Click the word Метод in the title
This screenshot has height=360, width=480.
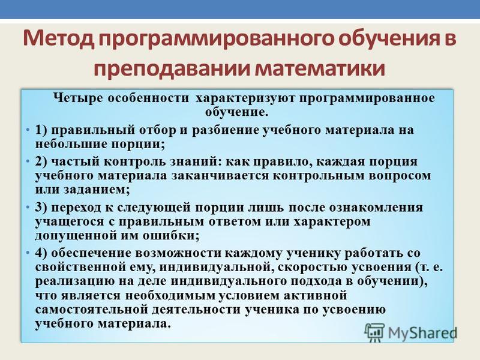(58, 38)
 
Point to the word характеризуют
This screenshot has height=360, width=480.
(245, 98)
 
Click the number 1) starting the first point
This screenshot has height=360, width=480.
(42, 130)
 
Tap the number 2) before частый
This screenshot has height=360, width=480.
(42, 161)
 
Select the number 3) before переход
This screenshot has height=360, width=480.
(42, 208)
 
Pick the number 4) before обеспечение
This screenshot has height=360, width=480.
(42, 253)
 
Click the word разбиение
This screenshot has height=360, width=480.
(226, 130)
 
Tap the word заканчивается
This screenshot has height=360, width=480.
(220, 176)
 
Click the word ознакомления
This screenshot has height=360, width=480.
(376, 208)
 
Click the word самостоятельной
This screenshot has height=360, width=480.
(92, 310)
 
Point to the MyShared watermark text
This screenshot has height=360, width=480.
(422, 333)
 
